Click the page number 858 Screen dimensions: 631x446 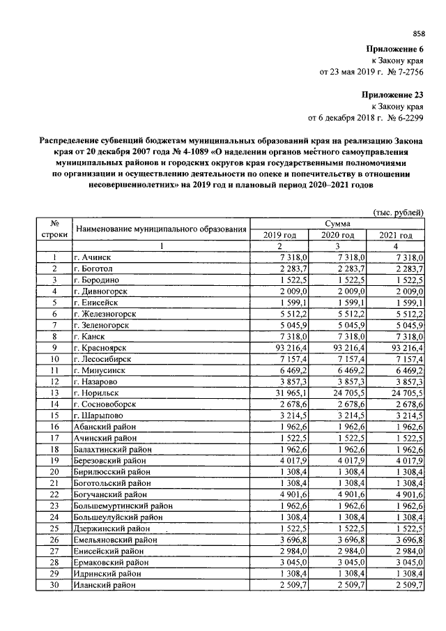418,33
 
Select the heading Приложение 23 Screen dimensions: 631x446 392,94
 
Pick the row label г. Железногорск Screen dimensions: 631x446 105,314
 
